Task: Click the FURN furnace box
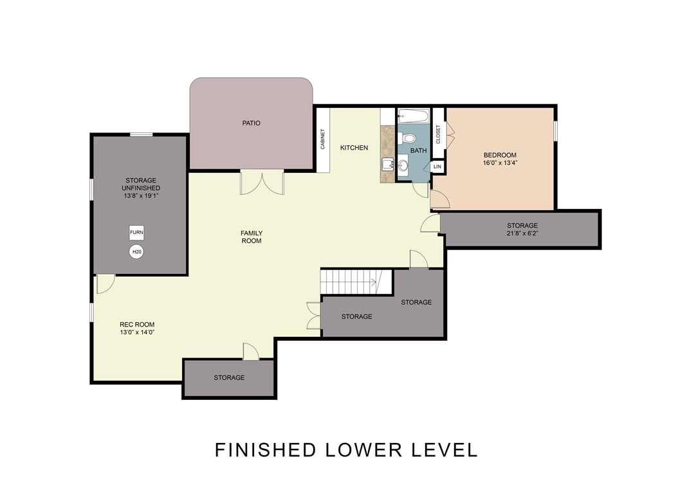pyautogui.click(x=136, y=233)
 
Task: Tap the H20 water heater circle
pyautogui.click(x=136, y=251)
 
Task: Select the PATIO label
pyautogui.click(x=252, y=123)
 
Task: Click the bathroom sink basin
pyautogui.click(x=403, y=165)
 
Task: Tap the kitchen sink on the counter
pyautogui.click(x=388, y=165)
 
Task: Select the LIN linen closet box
pyautogui.click(x=437, y=167)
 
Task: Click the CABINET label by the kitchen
pyautogui.click(x=322, y=140)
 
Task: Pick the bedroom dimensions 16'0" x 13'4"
pyautogui.click(x=500, y=163)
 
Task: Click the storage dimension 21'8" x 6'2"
pyautogui.click(x=522, y=233)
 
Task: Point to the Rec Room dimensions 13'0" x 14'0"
pyautogui.click(x=137, y=332)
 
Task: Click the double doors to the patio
pyautogui.click(x=262, y=182)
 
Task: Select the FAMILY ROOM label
pyautogui.click(x=252, y=237)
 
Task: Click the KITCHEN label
pyautogui.click(x=354, y=148)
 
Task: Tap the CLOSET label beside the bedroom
pyautogui.click(x=438, y=134)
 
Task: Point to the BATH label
pyautogui.click(x=418, y=150)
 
